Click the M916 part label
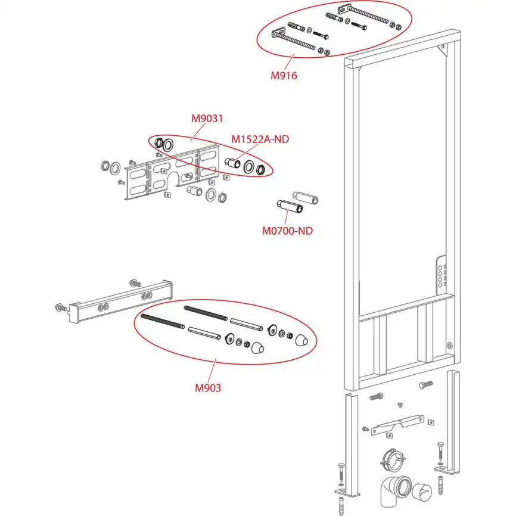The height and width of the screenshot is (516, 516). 284,76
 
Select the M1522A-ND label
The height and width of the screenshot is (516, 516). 260,139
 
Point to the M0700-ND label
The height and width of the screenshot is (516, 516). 287,230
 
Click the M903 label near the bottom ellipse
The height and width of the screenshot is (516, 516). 208,388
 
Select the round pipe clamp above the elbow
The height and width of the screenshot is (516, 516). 391,459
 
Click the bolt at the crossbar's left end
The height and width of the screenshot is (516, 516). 60,307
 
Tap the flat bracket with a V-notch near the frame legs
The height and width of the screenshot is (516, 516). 396,424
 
